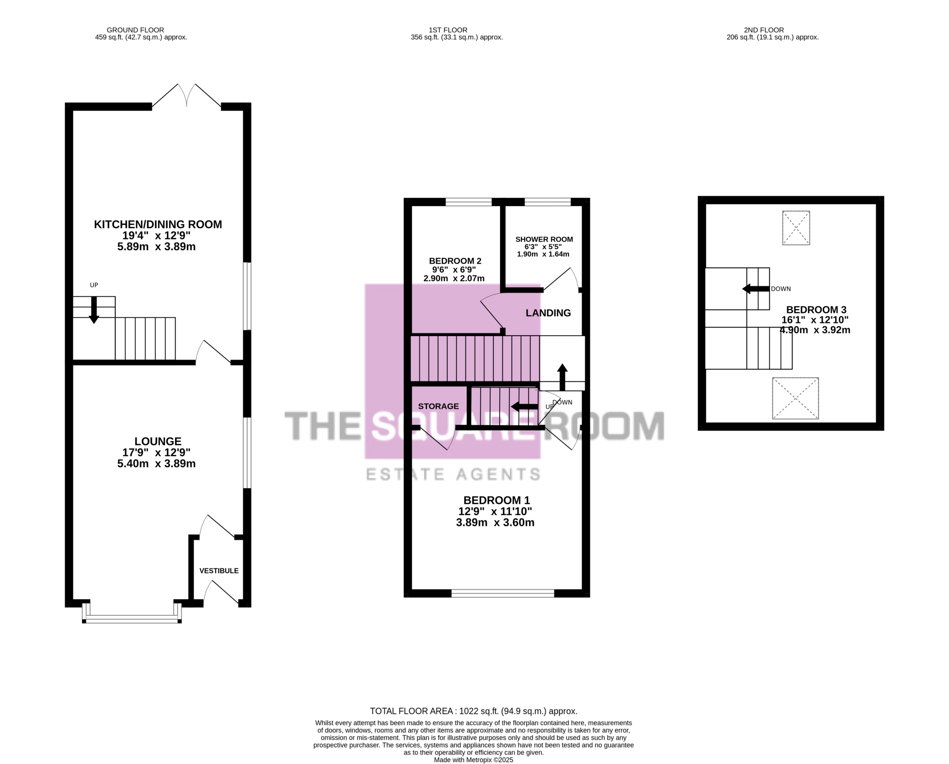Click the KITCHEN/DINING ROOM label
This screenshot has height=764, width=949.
pos(158,225)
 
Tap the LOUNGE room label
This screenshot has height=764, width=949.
pos(158,442)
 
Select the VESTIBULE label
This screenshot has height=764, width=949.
pos(219,571)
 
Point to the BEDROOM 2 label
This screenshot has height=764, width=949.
pos(455,261)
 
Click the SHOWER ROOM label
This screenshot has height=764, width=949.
pos(544,239)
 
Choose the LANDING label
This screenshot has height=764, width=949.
pos(548,313)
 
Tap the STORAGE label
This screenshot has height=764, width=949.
pos(438,406)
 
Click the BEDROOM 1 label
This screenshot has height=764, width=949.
pos(497,500)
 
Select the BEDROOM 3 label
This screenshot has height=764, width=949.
pos(816,310)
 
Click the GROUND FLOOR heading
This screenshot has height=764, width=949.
pos(135,30)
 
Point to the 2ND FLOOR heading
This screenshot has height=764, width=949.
pos(764,30)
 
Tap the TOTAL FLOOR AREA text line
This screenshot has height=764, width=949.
pos(474,711)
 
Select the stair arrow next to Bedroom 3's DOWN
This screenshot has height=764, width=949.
pos(756,289)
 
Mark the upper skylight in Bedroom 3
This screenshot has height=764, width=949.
pos(796,228)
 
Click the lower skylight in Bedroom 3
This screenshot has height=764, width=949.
pos(795,398)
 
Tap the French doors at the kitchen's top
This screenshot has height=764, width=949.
pos(186,95)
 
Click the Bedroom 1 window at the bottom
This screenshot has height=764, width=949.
pos(503,593)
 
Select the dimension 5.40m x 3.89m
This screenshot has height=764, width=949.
pos(157,464)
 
